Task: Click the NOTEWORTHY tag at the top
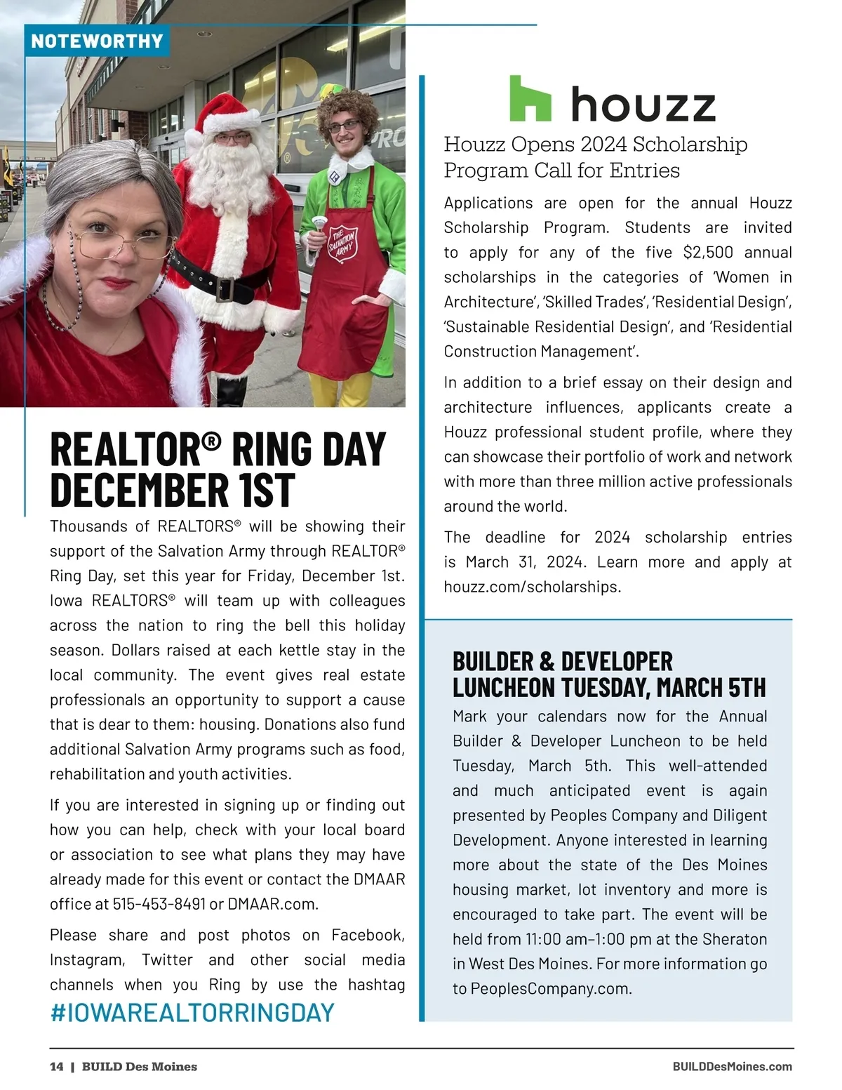(x=97, y=41)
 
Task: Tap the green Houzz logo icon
(x=530, y=98)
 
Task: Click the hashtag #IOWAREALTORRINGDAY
(x=192, y=1013)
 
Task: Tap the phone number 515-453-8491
(x=159, y=904)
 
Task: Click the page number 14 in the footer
(x=56, y=1067)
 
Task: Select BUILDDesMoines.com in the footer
(x=732, y=1067)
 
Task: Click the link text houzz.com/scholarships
(x=532, y=587)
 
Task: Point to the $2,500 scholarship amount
(x=708, y=252)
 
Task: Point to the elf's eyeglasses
(x=344, y=126)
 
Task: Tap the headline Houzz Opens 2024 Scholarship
(x=595, y=145)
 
